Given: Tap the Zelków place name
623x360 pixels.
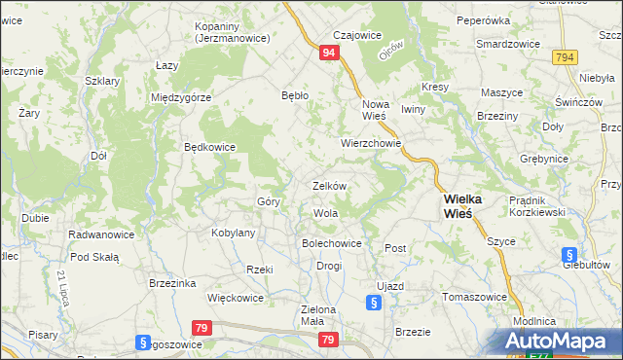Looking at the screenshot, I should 330,185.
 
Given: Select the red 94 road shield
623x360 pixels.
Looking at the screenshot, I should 330,54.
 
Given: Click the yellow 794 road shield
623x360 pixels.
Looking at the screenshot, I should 564,58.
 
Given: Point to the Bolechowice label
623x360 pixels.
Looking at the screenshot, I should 332,243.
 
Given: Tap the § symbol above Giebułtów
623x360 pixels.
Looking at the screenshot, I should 570,255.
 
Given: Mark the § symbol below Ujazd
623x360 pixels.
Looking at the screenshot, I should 375,303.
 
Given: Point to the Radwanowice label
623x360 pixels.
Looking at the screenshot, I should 101,234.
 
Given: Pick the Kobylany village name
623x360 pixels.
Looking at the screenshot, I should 233,234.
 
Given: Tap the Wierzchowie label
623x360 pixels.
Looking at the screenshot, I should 371,142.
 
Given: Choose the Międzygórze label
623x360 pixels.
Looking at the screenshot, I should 182,97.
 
